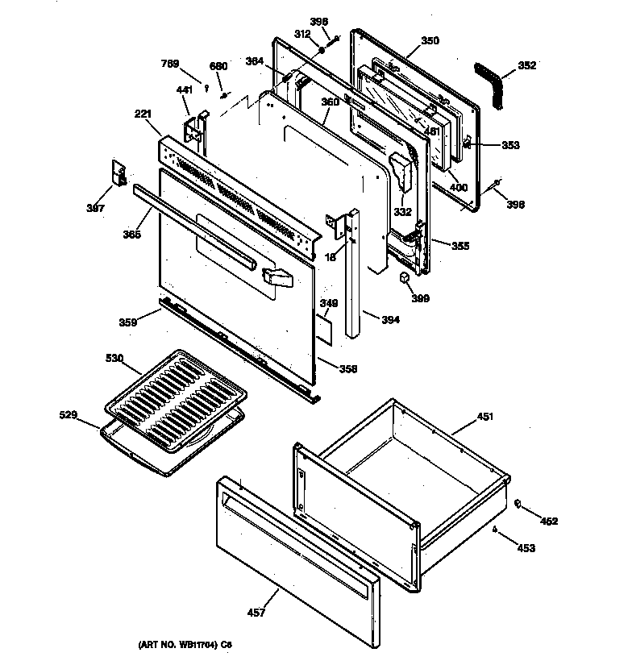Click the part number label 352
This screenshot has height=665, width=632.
tap(527, 66)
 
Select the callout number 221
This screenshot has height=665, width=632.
tap(143, 115)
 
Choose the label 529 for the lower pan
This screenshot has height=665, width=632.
tap(70, 415)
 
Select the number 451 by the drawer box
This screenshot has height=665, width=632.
tap(485, 417)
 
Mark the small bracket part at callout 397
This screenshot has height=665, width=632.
tap(119, 173)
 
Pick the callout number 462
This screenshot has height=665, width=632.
tap(549, 522)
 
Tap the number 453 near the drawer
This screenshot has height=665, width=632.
tap(526, 548)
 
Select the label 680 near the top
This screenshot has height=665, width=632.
tap(218, 66)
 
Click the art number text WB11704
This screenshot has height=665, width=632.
tap(190, 645)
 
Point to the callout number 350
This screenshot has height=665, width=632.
tap(430, 40)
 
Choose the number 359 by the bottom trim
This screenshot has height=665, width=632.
tap(127, 322)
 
